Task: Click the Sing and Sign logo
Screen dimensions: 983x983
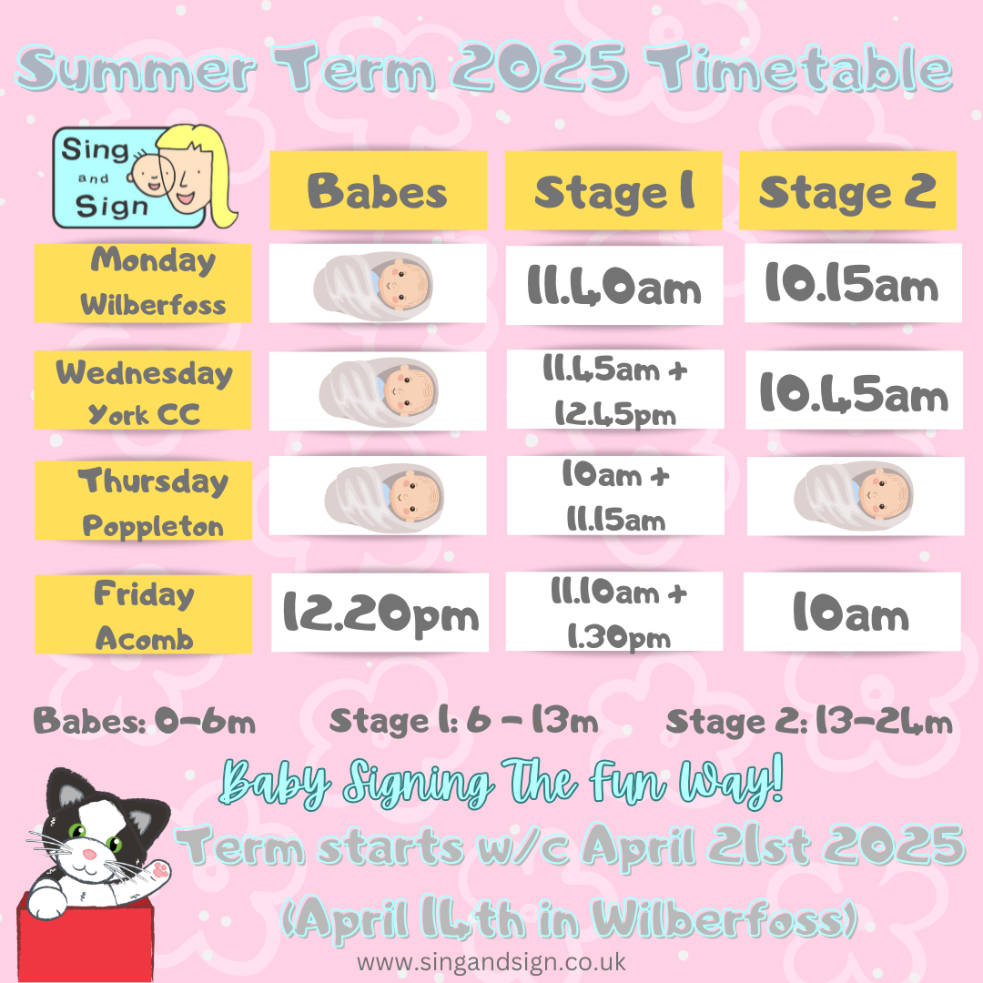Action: point(144,177)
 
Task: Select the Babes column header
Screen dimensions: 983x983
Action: point(378,190)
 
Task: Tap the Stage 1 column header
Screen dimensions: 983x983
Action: point(613,190)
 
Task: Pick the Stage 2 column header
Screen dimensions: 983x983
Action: point(847,190)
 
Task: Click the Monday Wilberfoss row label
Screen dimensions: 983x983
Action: point(143,283)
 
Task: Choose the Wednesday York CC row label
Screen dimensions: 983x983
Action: point(143,390)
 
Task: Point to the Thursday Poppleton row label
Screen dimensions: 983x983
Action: point(144,501)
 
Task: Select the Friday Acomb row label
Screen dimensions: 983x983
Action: point(144,614)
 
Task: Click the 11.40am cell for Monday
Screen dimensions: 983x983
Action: point(614,285)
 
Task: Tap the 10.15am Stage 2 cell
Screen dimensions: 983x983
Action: point(853,283)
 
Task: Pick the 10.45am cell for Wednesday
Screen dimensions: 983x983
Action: point(854,390)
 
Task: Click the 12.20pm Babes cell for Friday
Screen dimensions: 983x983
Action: point(380,613)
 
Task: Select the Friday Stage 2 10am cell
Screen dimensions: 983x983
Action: point(852,612)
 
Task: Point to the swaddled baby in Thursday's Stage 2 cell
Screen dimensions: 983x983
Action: point(854,496)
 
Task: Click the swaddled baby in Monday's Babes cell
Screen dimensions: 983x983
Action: point(374,286)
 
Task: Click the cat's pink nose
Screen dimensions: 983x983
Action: point(89,855)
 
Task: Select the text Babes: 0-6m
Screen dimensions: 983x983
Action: point(144,721)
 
